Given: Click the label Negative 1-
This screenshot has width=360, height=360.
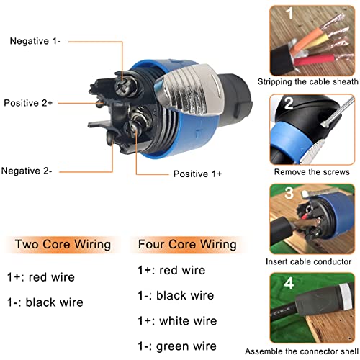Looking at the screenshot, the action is click(x=35, y=41).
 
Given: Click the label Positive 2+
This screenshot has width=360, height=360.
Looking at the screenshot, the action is click(x=28, y=103).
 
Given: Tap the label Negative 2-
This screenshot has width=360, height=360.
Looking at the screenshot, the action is click(x=27, y=171).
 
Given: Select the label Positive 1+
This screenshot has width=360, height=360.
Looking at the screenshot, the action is click(x=197, y=174).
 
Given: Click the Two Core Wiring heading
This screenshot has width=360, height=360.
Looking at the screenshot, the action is click(x=63, y=245).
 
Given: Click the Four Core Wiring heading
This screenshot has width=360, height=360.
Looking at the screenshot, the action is click(x=187, y=245).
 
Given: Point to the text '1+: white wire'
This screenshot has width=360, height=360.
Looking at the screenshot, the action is click(x=177, y=321).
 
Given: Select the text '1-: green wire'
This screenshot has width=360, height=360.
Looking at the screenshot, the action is click(x=177, y=346).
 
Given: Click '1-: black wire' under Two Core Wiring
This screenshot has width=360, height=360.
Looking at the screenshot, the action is click(x=45, y=302).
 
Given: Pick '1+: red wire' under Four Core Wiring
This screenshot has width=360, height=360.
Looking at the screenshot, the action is click(x=171, y=270).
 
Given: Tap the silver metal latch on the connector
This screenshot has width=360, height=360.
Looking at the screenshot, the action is click(x=189, y=89).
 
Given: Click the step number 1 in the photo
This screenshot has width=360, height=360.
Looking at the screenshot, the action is click(x=290, y=13).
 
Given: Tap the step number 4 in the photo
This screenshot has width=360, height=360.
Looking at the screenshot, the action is click(x=289, y=283).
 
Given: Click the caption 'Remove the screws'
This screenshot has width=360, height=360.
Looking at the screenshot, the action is click(x=312, y=172).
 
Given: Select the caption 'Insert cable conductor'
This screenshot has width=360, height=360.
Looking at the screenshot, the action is click(x=308, y=261).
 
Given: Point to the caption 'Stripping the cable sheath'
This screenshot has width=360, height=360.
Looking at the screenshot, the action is click(x=308, y=81).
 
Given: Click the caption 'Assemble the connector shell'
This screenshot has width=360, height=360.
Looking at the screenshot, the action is click(x=302, y=351).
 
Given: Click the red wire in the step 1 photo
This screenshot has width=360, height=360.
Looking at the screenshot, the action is click(x=314, y=60).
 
